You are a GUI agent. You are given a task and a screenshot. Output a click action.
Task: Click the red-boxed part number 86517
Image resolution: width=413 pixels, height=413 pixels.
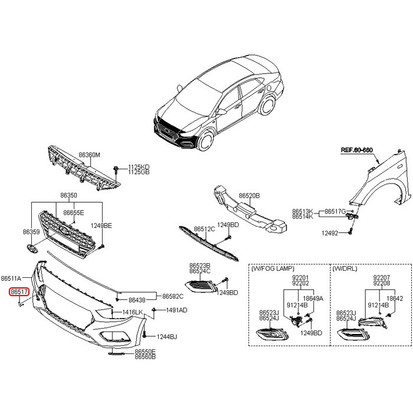[18, 291]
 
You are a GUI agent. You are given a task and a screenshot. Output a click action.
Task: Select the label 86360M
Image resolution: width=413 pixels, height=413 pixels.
[90, 155]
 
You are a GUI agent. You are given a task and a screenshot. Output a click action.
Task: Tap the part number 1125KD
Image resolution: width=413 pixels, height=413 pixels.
[139, 167]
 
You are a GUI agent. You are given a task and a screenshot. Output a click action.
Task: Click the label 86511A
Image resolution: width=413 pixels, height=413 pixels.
[11, 278]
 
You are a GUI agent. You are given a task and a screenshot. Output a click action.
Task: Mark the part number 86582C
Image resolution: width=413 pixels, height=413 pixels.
[173, 296]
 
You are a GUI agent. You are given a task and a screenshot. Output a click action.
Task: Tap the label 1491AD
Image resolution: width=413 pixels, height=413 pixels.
[176, 310]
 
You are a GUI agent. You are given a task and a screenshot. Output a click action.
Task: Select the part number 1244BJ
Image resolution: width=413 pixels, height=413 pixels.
[167, 337]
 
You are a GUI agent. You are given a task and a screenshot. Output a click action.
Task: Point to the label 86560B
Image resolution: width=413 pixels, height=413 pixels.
[145, 357]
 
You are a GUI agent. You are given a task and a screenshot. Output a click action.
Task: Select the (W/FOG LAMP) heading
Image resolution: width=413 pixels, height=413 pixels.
[273, 268]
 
